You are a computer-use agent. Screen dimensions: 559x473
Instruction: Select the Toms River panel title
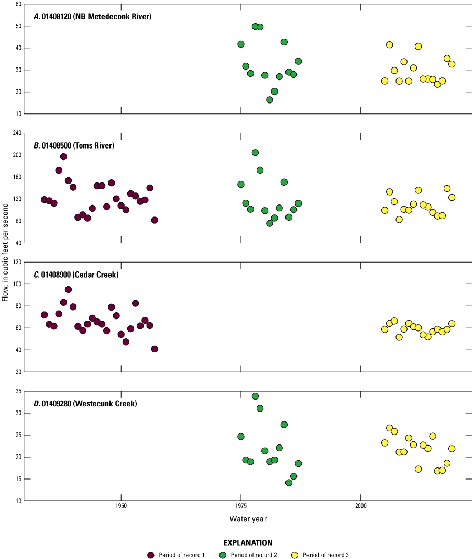(x=74, y=145)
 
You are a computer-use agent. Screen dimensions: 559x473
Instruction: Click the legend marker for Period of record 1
(x=151, y=555)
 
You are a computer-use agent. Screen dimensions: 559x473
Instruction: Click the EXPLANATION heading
(x=248, y=543)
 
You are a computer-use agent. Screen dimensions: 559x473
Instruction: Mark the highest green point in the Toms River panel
(x=255, y=153)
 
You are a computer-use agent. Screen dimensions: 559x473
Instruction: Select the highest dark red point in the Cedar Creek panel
(x=68, y=289)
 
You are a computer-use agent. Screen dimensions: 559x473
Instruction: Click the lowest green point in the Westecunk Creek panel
(x=289, y=483)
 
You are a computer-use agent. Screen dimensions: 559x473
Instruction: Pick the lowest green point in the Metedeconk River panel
(x=270, y=100)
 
